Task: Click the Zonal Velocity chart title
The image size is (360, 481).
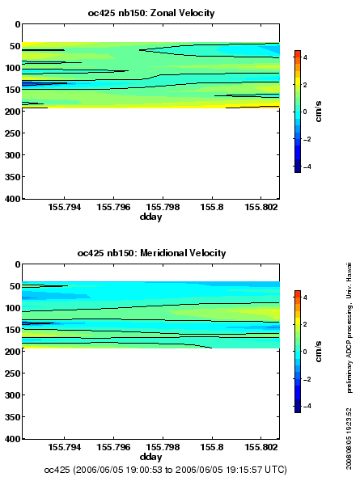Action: [151, 13]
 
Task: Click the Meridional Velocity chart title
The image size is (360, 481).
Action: [151, 253]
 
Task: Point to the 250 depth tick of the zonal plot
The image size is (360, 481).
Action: [12, 133]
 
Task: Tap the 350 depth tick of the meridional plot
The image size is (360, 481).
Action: [12, 417]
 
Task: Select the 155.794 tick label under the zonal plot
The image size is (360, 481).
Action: [65, 208]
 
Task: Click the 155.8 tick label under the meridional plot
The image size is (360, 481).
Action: [212, 448]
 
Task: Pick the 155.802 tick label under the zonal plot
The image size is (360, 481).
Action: [260, 208]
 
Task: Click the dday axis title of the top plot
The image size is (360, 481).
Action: [150, 217]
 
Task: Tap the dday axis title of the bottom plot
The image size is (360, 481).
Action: [150, 457]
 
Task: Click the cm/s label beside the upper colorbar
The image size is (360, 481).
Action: [319, 111]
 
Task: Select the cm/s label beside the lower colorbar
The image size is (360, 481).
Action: [319, 351]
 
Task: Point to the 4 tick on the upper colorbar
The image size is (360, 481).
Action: [305, 57]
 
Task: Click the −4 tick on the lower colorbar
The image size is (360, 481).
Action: [307, 406]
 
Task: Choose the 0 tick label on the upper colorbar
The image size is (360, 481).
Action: [305, 112]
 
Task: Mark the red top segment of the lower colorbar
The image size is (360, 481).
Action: [298, 294]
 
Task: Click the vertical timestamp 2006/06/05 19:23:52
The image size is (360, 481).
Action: [349, 438]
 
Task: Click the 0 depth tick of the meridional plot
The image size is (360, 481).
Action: [18, 264]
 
